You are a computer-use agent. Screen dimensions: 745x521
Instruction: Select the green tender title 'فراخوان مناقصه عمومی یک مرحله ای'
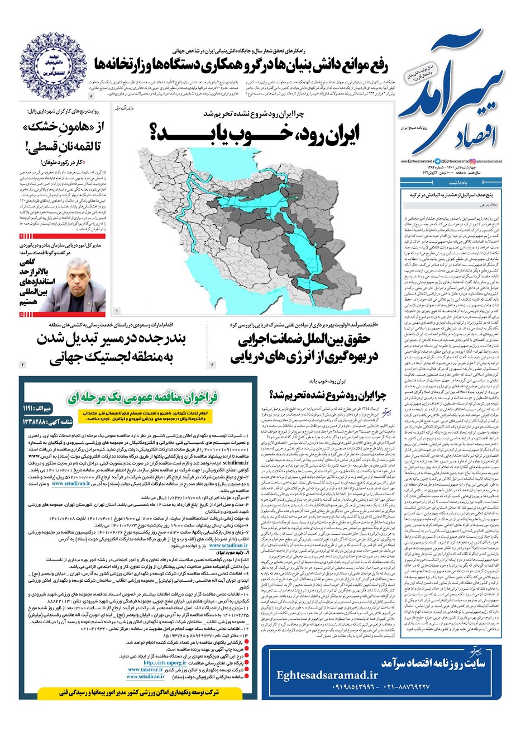click(143, 398)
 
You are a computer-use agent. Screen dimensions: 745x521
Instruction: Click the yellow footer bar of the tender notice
click(137, 691)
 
